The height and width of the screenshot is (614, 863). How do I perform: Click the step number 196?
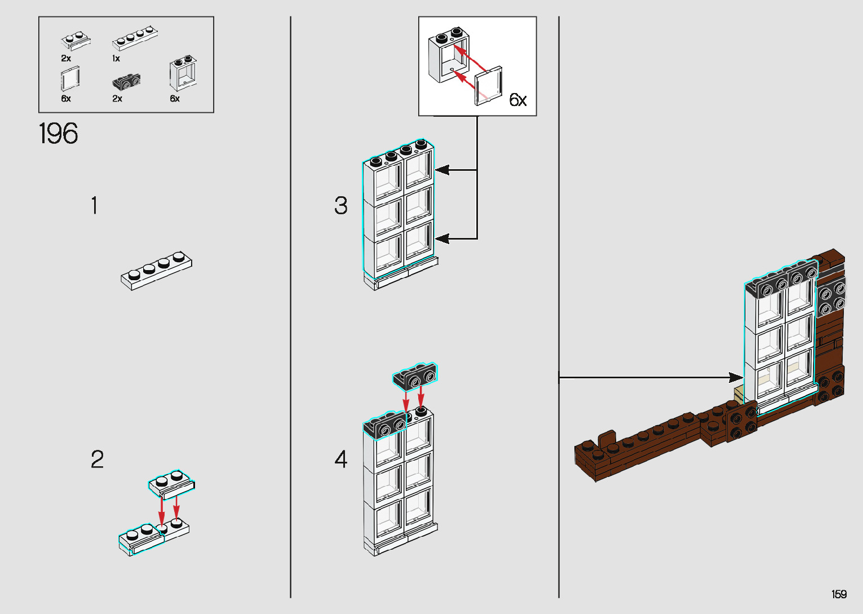point(59,134)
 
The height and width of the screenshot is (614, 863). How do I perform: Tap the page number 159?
point(839,594)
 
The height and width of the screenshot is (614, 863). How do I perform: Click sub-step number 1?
point(95,206)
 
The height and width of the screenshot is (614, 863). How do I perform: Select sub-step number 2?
point(97,460)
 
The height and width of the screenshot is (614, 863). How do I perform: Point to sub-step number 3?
point(340,206)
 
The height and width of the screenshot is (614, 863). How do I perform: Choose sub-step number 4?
point(340,460)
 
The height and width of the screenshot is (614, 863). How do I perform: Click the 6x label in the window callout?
point(517,100)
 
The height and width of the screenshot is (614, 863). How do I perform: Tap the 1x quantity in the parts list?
point(116,59)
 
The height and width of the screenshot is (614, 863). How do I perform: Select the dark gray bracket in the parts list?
point(127,82)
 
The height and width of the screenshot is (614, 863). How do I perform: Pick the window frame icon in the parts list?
point(183,74)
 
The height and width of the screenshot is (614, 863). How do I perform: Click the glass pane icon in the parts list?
point(70,78)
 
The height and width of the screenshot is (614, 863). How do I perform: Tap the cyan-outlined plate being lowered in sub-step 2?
point(172,484)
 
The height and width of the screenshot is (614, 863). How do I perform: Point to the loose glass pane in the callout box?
point(489,85)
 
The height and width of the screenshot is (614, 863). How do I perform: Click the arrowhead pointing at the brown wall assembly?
point(736,377)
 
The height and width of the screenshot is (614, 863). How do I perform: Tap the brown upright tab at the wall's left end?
point(606,439)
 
